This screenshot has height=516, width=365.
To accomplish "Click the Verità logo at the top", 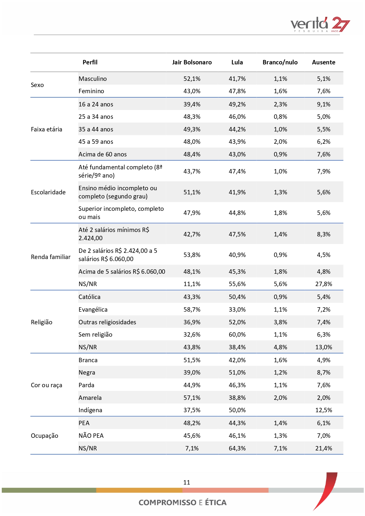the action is click(x=320, y=24).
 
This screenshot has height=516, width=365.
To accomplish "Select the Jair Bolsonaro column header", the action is click(x=192, y=62).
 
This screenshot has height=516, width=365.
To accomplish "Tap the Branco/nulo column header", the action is click(x=280, y=62).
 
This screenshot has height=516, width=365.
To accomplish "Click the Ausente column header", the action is click(x=324, y=62).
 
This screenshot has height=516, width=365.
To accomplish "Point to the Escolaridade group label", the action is click(x=48, y=192).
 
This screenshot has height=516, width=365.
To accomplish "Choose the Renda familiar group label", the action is click(x=51, y=257).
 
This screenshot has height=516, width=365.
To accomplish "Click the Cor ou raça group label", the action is click(x=46, y=385).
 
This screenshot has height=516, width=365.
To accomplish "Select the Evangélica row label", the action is click(x=93, y=310).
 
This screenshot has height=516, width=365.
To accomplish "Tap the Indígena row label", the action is click(x=90, y=410).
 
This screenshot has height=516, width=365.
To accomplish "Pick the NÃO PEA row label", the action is click(x=91, y=436).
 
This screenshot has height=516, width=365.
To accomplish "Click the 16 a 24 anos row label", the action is click(x=96, y=104).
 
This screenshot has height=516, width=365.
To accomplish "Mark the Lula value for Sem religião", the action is click(x=237, y=335).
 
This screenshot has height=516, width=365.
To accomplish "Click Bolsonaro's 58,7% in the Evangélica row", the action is click(x=192, y=310).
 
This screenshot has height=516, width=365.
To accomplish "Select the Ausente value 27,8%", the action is click(x=324, y=284).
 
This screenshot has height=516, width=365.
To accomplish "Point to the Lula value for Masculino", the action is click(x=237, y=79).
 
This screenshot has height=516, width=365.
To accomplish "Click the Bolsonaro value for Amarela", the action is click(x=192, y=398).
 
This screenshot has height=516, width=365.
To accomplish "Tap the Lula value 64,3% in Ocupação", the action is click(x=237, y=448).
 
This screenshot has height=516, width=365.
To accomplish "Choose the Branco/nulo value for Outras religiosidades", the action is click(x=280, y=322).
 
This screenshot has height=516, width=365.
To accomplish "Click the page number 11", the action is click(x=186, y=482).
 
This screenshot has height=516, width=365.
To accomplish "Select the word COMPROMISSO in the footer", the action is click(x=167, y=502).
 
